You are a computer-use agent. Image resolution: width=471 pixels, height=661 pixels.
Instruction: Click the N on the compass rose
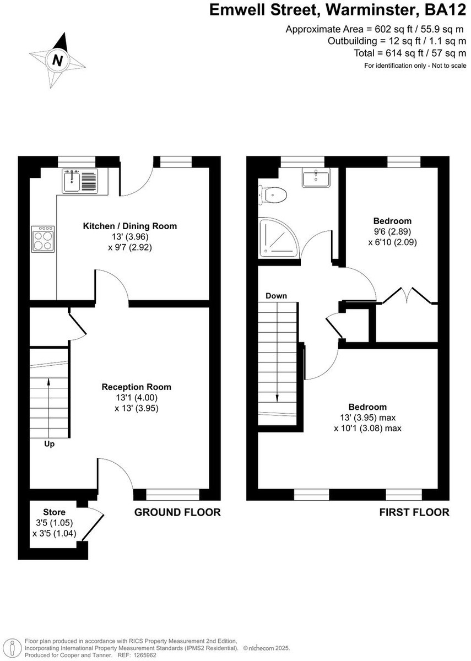pyautogui.click(x=57, y=60)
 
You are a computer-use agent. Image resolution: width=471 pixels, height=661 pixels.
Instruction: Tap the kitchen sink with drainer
pyautogui.click(x=80, y=181)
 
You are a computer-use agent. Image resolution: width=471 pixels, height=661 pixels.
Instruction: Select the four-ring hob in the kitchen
pyautogui.click(x=43, y=239)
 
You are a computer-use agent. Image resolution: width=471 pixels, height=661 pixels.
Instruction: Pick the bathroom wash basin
pyautogui.click(x=316, y=178)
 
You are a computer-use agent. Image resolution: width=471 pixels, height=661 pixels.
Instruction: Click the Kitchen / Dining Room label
pyautogui.click(x=130, y=226)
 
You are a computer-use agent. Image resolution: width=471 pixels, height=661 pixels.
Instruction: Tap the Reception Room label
pyautogui.click(x=137, y=387)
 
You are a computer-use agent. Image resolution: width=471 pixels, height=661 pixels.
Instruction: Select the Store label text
pyautogui.click(x=55, y=512)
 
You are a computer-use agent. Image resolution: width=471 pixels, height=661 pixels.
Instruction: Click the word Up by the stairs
pyautogui.click(x=49, y=444)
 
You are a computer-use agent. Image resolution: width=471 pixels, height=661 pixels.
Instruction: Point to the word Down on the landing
pyautogui.click(x=276, y=296)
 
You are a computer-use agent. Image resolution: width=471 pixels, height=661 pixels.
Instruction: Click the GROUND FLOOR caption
pyautogui.click(x=177, y=512)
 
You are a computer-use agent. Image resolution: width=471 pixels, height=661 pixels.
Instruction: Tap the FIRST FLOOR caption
pyautogui.click(x=414, y=512)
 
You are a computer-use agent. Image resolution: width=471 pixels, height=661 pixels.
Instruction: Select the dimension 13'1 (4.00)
pyautogui.click(x=137, y=398)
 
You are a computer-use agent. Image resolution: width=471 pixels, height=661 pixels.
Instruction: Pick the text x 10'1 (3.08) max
pyautogui.click(x=368, y=428)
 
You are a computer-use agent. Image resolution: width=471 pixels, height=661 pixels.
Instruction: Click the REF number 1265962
pyautogui.click(x=145, y=655)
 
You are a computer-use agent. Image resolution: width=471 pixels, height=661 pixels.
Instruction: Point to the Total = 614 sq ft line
pyautogui.click(x=410, y=53)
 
